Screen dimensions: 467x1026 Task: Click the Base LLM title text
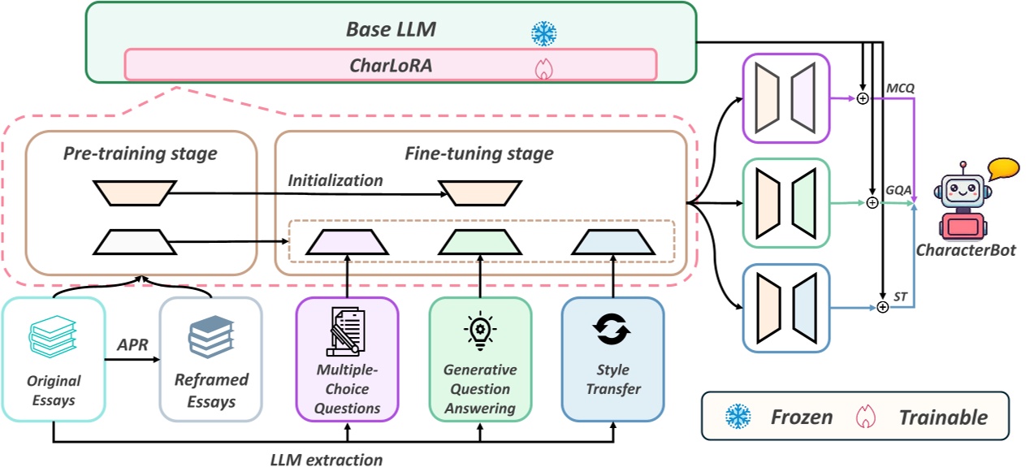click(391, 30)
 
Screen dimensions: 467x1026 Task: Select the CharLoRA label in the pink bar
click(390, 66)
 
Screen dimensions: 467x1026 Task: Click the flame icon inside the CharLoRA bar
click(541, 69)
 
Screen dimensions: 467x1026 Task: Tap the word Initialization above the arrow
click(335, 180)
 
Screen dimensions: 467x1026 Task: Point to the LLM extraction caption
click(326, 460)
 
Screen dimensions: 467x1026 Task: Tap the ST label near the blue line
click(901, 297)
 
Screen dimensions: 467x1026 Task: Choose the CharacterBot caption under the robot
click(965, 250)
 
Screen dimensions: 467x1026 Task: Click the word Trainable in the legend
click(942, 417)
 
